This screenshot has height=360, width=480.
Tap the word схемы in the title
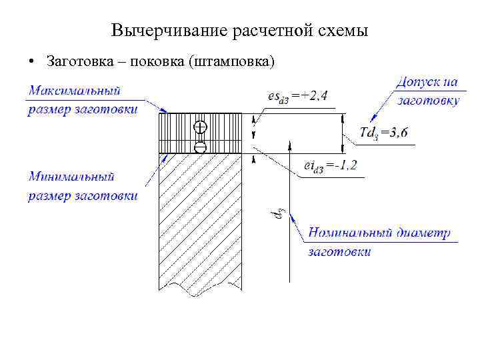click(x=340, y=31)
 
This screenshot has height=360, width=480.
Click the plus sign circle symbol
click(x=200, y=126)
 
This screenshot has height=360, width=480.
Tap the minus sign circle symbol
click(x=200, y=147)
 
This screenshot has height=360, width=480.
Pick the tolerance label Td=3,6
click(x=383, y=132)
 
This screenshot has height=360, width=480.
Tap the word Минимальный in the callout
click(x=72, y=177)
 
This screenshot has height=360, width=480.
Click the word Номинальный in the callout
click(x=346, y=233)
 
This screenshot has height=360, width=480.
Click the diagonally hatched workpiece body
click(x=200, y=220)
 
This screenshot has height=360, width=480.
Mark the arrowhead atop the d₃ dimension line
click(x=291, y=144)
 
